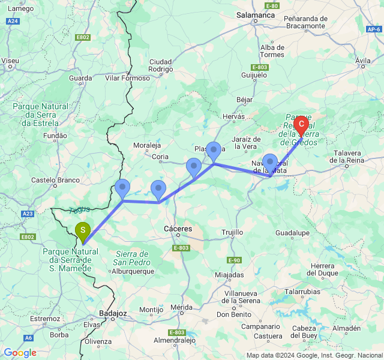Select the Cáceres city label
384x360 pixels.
point(178,229)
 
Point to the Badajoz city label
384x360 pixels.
point(112,313)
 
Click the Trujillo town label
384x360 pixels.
point(232,232)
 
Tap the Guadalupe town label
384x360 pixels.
point(292,232)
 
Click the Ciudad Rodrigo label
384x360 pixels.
point(160,65)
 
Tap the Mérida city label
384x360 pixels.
point(181,307)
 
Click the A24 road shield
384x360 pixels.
point(13,21)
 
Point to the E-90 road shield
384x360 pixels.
point(234,260)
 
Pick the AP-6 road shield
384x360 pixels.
point(373,29)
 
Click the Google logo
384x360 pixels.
point(20,353)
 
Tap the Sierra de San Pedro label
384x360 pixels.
point(132,258)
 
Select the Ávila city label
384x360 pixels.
point(363,61)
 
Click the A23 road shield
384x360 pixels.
point(28,214)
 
